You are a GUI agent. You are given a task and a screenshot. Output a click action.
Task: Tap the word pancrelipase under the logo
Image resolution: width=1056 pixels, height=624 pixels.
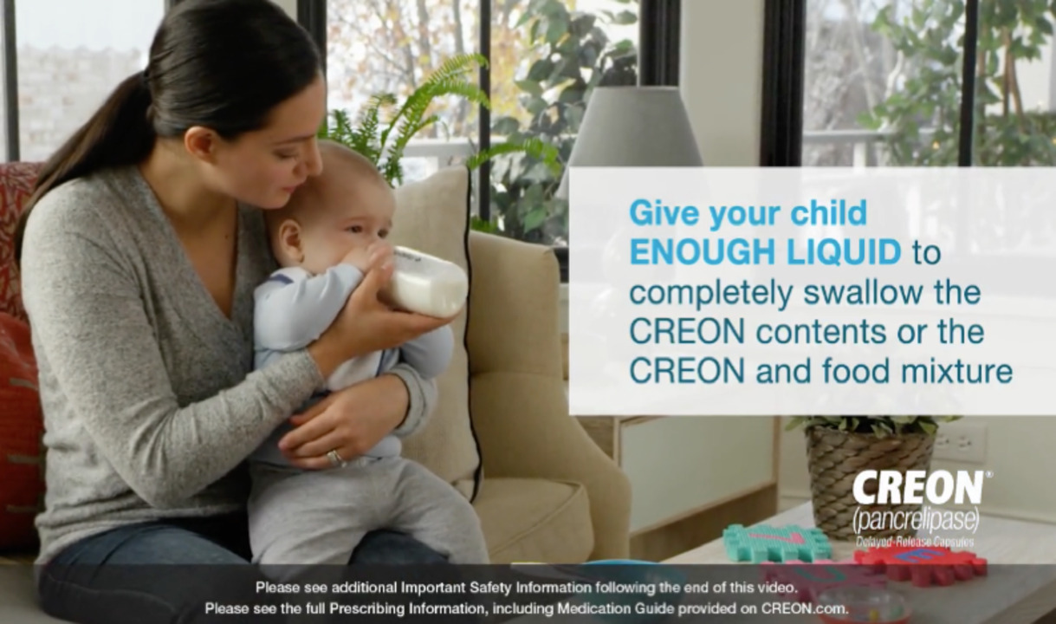pyautogui.click(x=916, y=522)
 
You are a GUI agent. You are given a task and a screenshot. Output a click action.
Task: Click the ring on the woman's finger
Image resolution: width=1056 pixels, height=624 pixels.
pyautogui.click(x=334, y=456)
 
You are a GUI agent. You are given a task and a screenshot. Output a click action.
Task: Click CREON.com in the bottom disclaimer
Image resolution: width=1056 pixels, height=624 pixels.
pyautogui.click(x=805, y=608)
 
